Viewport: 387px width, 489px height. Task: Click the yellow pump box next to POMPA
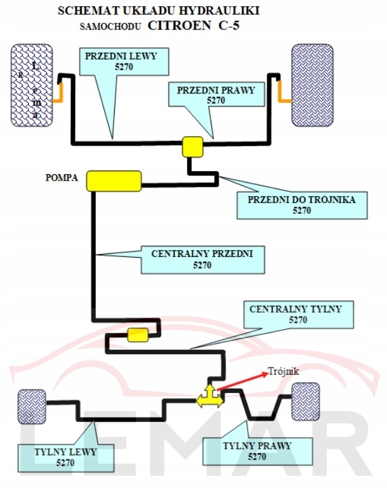[114, 181]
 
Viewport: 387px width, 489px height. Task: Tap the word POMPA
[61, 178]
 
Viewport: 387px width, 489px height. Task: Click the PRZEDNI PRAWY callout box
[216, 95]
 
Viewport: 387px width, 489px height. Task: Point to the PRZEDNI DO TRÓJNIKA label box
[302, 205]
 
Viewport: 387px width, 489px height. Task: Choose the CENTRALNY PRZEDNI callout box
[202, 260]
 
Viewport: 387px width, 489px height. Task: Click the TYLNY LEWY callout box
[65, 458]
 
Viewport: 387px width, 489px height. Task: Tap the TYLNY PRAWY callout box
[257, 451]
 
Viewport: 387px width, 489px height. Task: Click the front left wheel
[33, 85]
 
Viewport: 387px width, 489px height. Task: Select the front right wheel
[312, 85]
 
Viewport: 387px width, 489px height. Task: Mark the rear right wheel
[306, 401]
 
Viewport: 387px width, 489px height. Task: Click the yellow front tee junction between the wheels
[193, 146]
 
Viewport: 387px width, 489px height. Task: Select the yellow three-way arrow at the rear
[209, 397]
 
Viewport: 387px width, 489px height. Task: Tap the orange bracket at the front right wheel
[284, 94]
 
